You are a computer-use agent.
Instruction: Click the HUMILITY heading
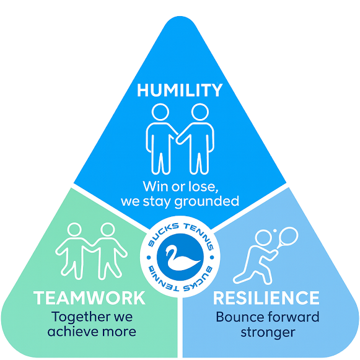pyautogui.click(x=180, y=90)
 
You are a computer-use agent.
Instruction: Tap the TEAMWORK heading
pyautogui.click(x=90, y=297)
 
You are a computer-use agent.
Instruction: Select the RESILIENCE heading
pyautogui.click(x=266, y=297)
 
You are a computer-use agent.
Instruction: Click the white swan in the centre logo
pyautogui.click(x=179, y=255)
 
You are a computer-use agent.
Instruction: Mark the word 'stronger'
pyautogui.click(x=267, y=331)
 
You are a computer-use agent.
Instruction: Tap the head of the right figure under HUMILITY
pyautogui.click(x=199, y=113)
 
